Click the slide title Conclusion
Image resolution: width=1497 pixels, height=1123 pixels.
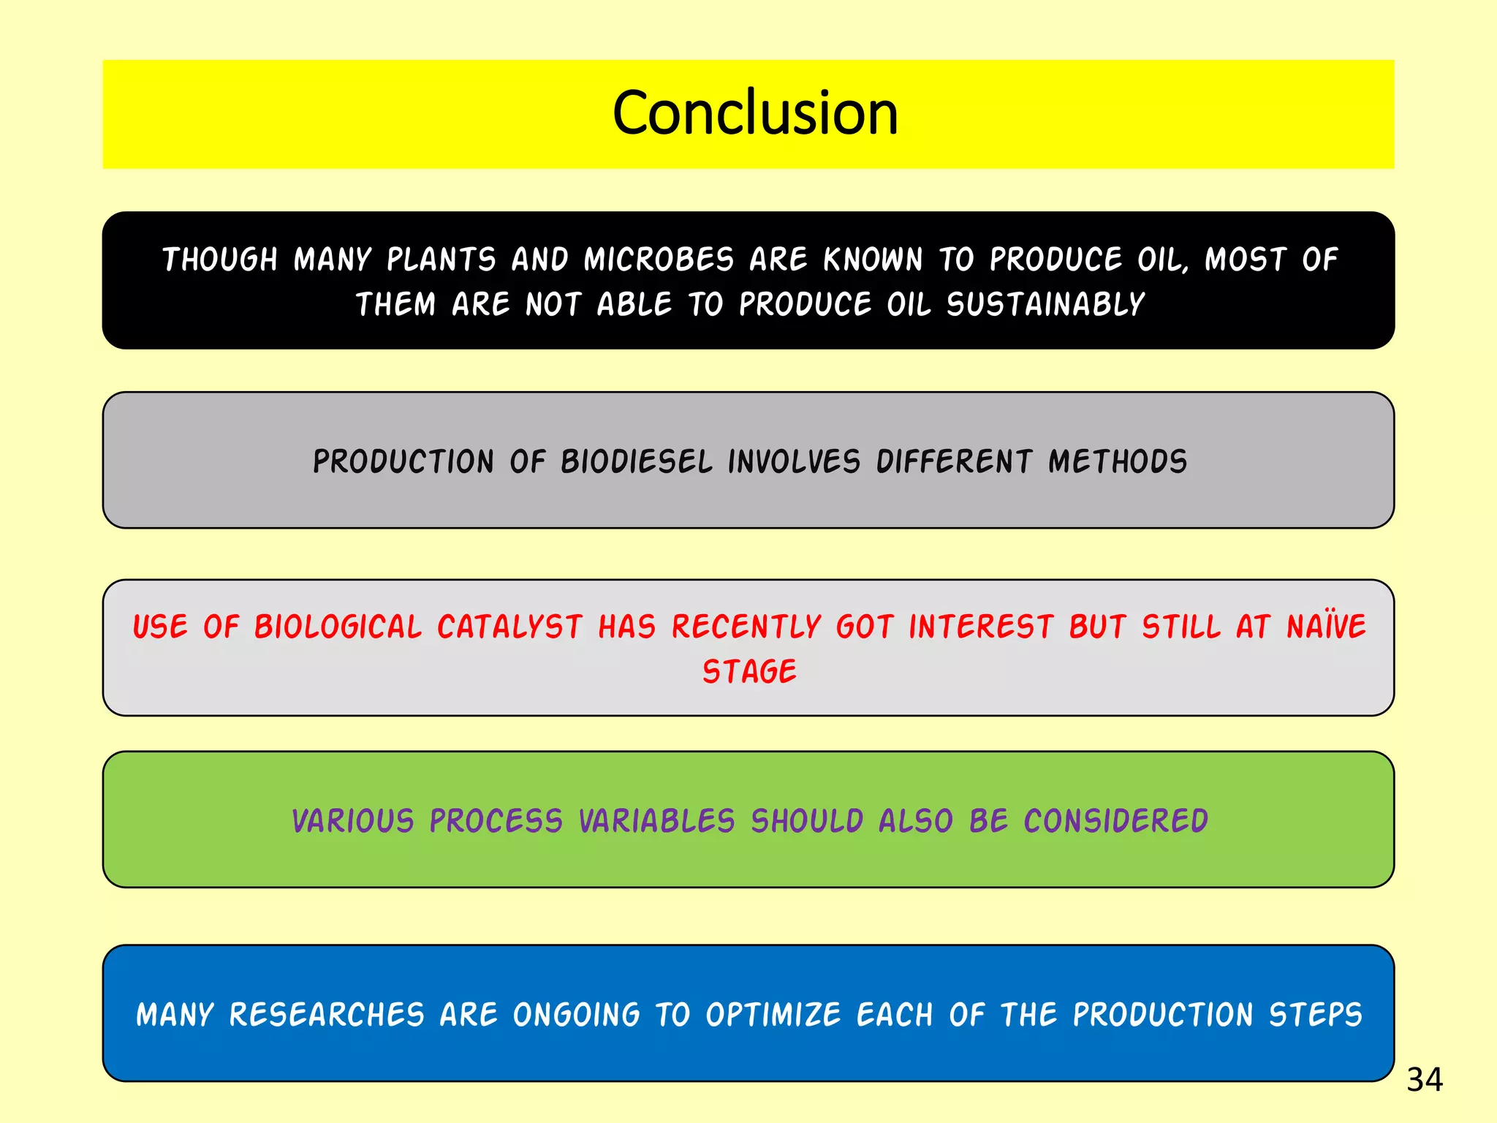[754, 113]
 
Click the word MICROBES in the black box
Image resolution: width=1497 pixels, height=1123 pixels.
[659, 260]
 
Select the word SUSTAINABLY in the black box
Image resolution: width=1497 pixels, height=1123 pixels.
[1045, 305]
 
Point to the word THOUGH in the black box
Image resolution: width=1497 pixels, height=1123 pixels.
[220, 260]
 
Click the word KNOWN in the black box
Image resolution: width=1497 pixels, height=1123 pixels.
[873, 260]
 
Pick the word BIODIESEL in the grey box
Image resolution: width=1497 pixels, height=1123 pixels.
[636, 462]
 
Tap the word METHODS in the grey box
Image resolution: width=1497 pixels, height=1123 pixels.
[1117, 462]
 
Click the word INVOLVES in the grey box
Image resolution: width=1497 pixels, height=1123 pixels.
[794, 462]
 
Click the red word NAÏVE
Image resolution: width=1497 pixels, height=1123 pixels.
[1326, 627]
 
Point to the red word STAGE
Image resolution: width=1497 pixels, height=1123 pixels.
[749, 672]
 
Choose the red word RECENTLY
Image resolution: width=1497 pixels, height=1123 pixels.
[746, 627]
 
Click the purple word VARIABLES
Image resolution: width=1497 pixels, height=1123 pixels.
[656, 821]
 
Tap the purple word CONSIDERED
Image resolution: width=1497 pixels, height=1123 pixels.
[1115, 821]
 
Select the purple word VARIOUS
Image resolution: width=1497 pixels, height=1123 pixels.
[353, 821]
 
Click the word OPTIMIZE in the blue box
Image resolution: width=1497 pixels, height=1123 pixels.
[773, 1015]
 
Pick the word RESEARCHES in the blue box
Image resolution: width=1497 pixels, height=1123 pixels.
[327, 1015]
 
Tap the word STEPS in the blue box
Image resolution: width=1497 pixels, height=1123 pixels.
[1315, 1015]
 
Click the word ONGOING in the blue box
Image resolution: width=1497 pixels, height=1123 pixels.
[576, 1015]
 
